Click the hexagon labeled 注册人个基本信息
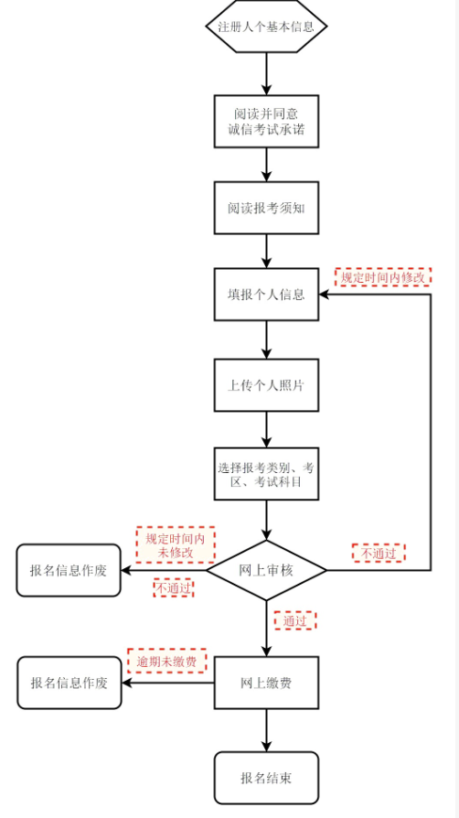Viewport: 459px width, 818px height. point(266,27)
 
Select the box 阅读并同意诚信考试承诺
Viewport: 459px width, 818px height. point(266,121)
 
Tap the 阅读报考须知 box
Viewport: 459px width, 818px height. point(266,208)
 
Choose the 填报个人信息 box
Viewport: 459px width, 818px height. point(266,295)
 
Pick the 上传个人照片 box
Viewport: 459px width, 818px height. point(266,385)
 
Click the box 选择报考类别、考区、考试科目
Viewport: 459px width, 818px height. point(266,474)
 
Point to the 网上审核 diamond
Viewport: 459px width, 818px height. point(266,570)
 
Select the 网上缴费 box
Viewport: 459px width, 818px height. point(266,683)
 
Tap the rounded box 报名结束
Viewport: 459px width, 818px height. point(266,778)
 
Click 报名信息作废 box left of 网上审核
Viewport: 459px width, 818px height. point(69,570)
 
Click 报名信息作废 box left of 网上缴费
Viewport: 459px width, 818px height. point(69,683)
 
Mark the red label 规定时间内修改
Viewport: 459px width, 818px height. point(383,277)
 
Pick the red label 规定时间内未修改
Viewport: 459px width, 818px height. point(176,545)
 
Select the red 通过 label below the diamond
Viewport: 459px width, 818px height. point(294,620)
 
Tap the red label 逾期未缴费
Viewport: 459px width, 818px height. point(167,662)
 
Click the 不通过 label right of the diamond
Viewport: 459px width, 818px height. point(379,553)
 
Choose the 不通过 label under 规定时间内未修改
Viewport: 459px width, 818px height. point(173,588)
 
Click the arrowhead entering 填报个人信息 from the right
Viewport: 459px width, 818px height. point(325,295)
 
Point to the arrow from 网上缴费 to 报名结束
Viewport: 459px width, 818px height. point(266,730)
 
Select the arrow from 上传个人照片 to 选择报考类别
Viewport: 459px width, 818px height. point(266,430)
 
